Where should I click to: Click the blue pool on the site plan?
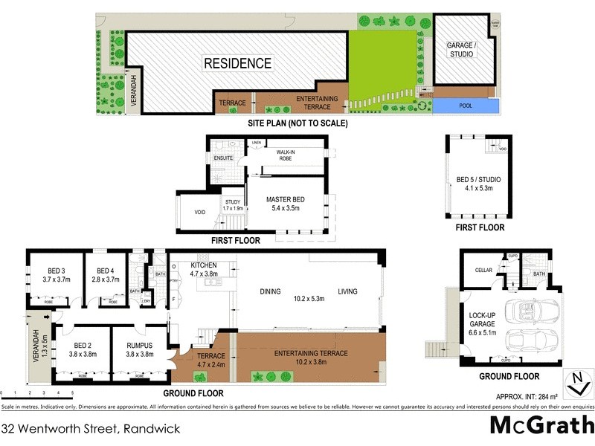click(465, 106)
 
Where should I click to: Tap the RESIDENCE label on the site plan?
click(238, 64)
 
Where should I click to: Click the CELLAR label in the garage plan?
click(483, 270)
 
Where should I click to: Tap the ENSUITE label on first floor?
click(223, 158)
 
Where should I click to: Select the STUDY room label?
click(233, 204)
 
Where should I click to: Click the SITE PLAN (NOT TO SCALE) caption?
click(297, 123)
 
